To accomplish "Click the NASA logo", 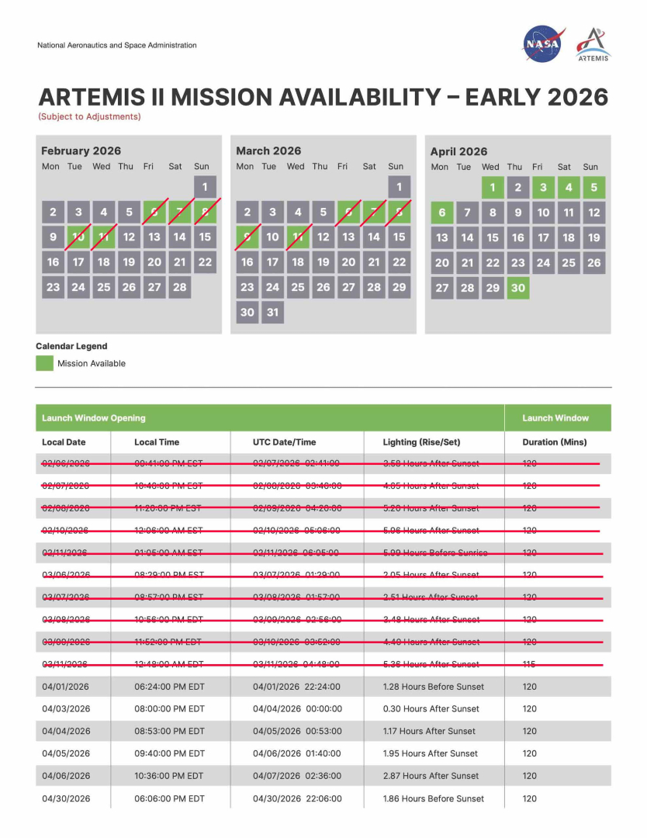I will (542, 44).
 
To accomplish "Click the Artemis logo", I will (593, 45).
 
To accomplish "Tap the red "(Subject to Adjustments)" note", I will (89, 117).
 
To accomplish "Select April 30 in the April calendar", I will (517, 287).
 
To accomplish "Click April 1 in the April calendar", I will (492, 188).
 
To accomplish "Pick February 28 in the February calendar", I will (179, 286).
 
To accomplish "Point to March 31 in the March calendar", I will (272, 312).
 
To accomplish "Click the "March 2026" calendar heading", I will (268, 151).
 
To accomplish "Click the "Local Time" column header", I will (157, 442).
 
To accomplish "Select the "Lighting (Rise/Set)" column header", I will (421, 442).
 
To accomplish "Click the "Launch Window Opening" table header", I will (94, 418).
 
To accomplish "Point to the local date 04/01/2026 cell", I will (66, 687).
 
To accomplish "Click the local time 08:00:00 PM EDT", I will (169, 708).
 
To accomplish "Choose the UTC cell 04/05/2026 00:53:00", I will (296, 731).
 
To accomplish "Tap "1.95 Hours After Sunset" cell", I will (431, 753).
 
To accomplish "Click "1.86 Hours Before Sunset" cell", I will (433, 798).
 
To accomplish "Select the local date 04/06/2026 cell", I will (66, 776).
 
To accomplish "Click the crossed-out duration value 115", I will (529, 664).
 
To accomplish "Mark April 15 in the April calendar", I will (493, 238).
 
